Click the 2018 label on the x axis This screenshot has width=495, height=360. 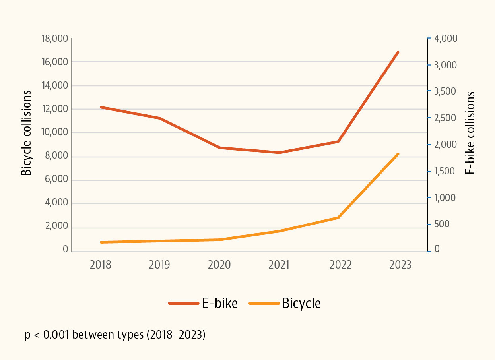point(101,265)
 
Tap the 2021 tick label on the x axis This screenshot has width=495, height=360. point(279,265)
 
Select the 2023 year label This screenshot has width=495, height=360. point(400,265)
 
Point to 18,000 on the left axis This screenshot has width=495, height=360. point(54,39)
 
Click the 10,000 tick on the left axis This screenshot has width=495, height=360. point(54,132)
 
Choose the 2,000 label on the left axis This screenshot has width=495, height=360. point(57,226)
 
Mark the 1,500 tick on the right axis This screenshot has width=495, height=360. point(445,171)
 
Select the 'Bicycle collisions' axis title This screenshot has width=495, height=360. point(26,133)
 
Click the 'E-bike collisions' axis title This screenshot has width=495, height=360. point(470,133)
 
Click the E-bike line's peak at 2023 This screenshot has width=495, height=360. point(398,52)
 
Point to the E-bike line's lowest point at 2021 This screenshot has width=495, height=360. point(280,153)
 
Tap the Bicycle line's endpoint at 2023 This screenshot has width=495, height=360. point(398,154)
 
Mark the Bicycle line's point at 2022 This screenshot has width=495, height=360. point(338,217)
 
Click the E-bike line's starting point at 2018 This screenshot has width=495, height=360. point(101,107)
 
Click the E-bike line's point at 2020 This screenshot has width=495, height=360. point(220,147)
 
